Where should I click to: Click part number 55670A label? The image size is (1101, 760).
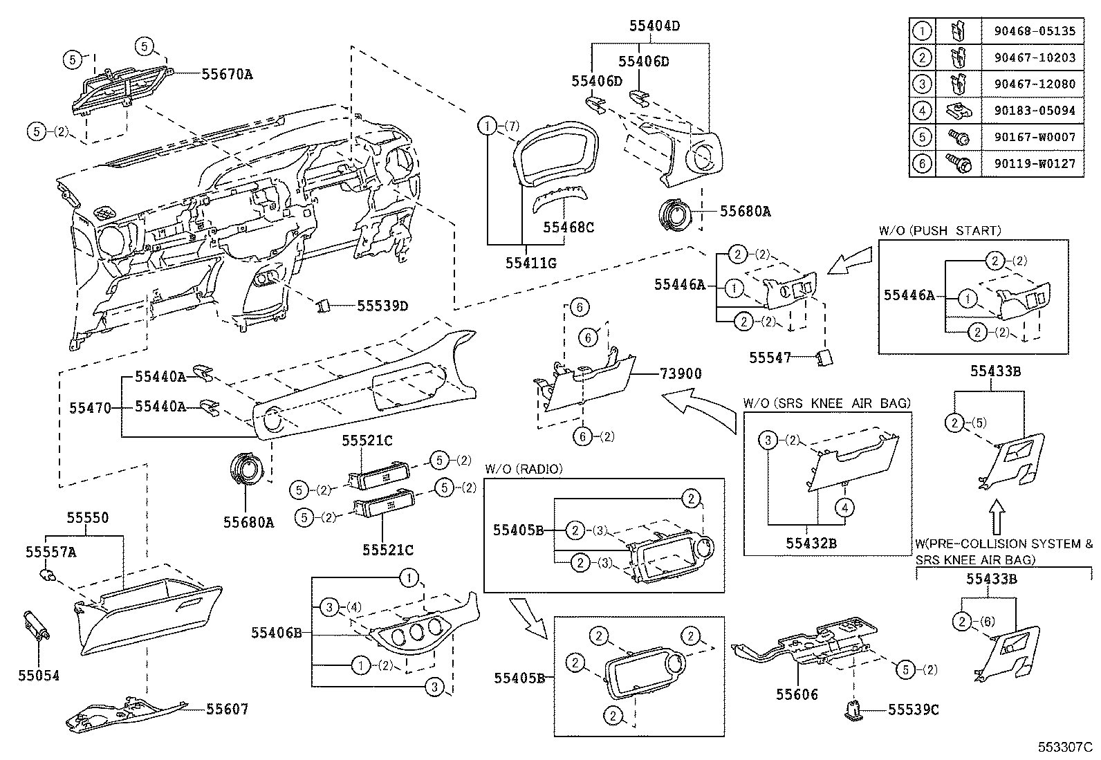tap(227, 73)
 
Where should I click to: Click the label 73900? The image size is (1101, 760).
tap(681, 374)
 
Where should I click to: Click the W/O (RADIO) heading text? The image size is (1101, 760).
tap(524, 469)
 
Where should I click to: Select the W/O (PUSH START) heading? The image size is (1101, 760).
tap(939, 231)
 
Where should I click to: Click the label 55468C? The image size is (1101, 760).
tap(568, 227)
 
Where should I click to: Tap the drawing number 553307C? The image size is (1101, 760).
tap(1064, 748)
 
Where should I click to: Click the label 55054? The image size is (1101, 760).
tap(39, 676)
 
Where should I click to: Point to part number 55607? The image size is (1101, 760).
tap(226, 709)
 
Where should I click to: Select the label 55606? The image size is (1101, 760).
tap(797, 694)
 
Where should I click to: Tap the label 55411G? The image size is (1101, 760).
tap(530, 263)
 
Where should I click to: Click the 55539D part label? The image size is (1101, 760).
tap(382, 305)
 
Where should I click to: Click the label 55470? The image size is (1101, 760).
tap(90, 407)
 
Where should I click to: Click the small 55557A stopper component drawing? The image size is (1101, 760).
tap(48, 574)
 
